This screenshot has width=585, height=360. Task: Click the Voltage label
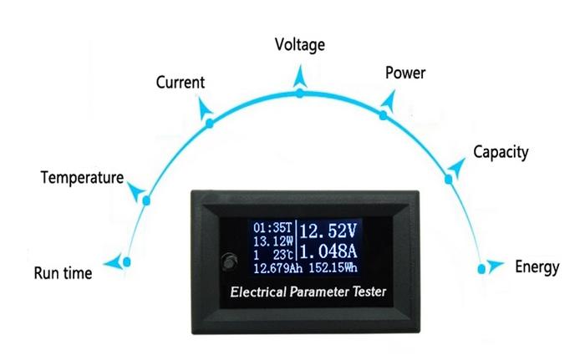click(x=300, y=45)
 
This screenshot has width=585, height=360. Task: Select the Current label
click(x=181, y=83)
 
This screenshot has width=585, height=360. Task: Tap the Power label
click(x=405, y=73)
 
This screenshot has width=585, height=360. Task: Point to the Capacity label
click(x=501, y=152)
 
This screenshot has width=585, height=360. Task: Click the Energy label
click(x=537, y=267)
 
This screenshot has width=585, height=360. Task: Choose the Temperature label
click(x=82, y=178)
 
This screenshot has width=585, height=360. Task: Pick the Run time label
click(x=63, y=273)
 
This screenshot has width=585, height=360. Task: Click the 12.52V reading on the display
click(x=328, y=231)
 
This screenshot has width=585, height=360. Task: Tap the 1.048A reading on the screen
click(x=328, y=251)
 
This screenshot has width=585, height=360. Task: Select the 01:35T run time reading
click(x=272, y=227)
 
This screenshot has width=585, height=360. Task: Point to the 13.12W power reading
click(x=273, y=241)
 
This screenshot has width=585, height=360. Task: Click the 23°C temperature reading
click(x=282, y=255)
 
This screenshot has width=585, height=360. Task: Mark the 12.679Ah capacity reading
click(x=278, y=268)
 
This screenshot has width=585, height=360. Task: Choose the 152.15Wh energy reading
click(x=333, y=268)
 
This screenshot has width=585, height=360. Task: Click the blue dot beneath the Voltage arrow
click(x=300, y=93)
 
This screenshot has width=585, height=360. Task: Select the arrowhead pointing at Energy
click(x=496, y=266)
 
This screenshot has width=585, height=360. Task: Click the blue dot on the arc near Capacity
click(x=449, y=180)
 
